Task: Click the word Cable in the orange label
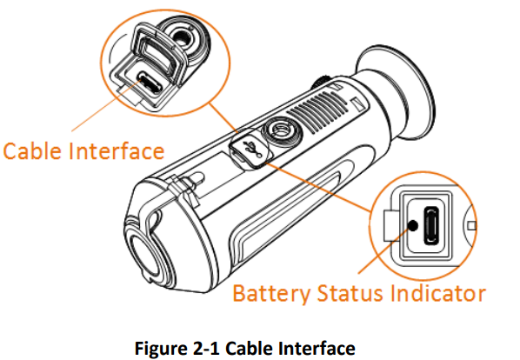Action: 32,150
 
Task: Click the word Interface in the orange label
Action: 117,150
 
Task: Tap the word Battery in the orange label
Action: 271,294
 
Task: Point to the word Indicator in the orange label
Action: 437,293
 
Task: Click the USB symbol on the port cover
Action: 252,149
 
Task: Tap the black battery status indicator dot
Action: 413,226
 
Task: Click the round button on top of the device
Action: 282,132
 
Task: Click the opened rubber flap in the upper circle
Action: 158,53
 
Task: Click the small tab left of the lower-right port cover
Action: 390,225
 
